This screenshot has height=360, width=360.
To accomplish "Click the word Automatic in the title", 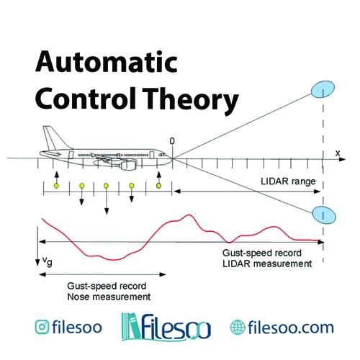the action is [x=107, y=62].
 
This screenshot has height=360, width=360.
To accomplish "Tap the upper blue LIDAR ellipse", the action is [x=323, y=89].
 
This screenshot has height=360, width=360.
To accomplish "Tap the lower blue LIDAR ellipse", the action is [x=324, y=215].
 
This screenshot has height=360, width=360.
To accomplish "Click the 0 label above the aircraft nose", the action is [x=172, y=141].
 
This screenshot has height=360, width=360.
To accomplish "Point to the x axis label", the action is [x=338, y=153].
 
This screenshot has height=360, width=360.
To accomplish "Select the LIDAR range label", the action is [x=288, y=181].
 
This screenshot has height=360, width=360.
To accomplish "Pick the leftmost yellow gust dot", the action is [x=56, y=186].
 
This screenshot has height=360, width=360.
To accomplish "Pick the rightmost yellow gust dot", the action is [x=158, y=186].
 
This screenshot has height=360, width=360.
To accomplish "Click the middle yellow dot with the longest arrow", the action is [x=106, y=186].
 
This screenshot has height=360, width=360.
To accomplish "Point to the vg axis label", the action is [x=48, y=261].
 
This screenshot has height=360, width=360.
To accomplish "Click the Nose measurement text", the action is [x=109, y=297].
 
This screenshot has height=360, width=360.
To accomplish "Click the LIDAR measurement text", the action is [x=267, y=264].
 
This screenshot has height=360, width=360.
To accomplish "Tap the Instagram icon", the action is [x=42, y=327].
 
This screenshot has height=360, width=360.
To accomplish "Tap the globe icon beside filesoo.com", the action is [x=238, y=327].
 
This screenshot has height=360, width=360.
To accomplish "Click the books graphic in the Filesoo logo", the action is [x=131, y=326].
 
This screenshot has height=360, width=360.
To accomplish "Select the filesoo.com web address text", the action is [x=291, y=327].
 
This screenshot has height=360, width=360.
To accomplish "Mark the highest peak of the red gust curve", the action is [x=189, y=215].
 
